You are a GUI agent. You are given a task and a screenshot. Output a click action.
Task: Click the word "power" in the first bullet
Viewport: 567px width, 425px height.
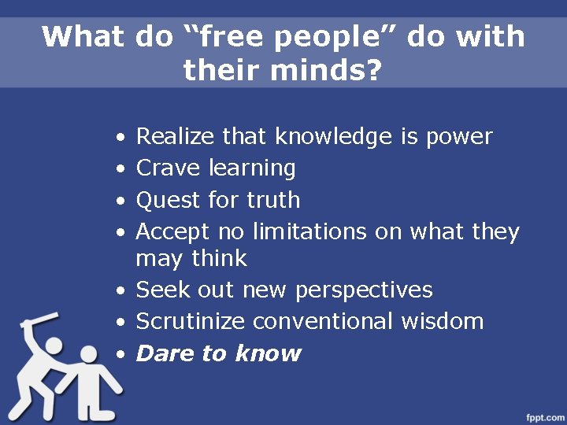459,138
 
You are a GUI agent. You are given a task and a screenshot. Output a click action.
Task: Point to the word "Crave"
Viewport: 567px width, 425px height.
169,168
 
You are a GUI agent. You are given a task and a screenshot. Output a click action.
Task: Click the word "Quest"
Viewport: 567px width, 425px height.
169,201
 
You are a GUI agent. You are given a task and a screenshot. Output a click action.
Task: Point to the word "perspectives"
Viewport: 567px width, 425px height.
365,290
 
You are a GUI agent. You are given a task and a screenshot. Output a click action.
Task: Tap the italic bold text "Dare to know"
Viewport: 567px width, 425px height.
219,353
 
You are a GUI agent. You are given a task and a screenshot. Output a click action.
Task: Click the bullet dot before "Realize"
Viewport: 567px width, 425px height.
117,139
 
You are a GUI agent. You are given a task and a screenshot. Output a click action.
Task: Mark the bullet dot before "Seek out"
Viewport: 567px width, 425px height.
117,291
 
